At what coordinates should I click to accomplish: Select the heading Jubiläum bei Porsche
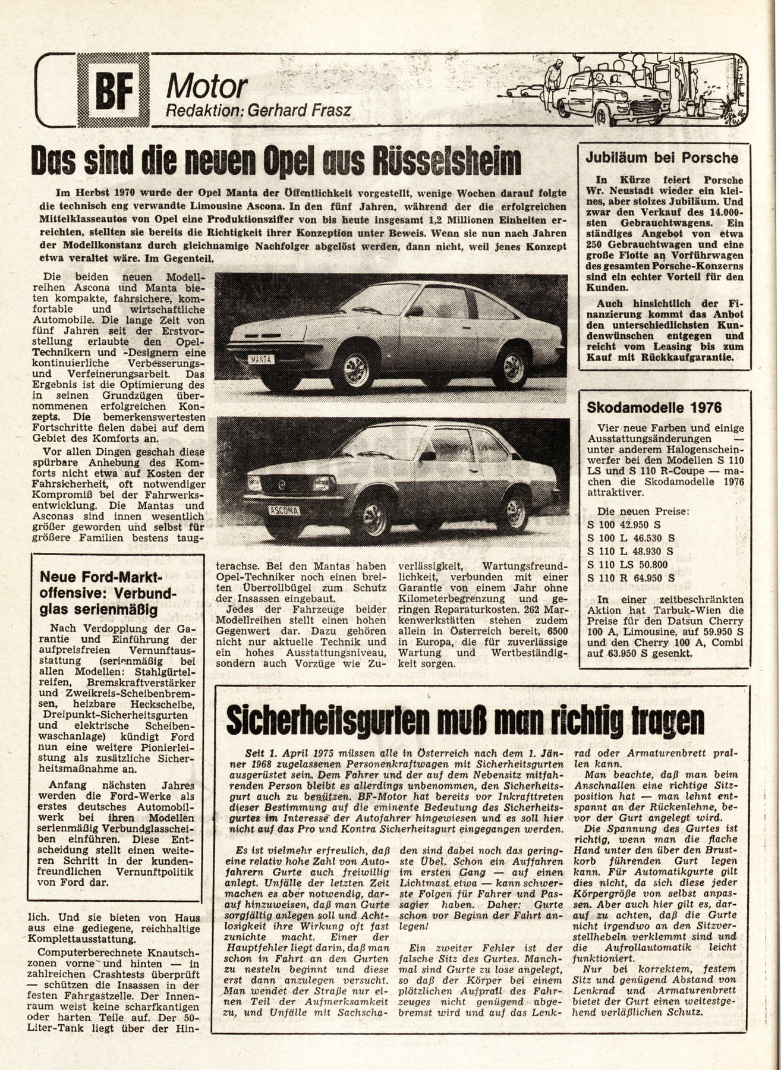pyautogui.click(x=662, y=158)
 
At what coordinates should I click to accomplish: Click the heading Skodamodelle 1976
pyautogui.click(x=654, y=407)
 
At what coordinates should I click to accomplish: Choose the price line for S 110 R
pyautogui.click(x=636, y=577)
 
